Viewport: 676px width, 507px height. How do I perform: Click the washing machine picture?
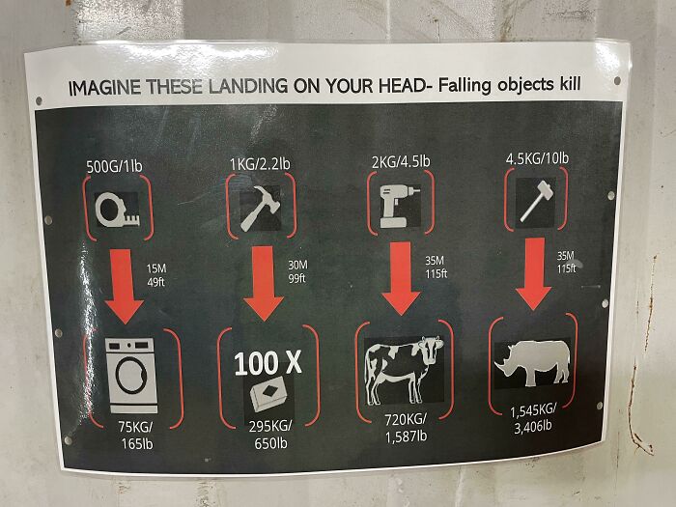click(x=130, y=377)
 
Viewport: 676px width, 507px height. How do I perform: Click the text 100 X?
click(x=268, y=363)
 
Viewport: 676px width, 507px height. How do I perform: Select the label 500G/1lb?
click(x=113, y=167)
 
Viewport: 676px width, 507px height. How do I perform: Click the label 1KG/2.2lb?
click(x=259, y=163)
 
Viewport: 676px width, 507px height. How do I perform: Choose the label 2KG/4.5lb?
click(x=401, y=160)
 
